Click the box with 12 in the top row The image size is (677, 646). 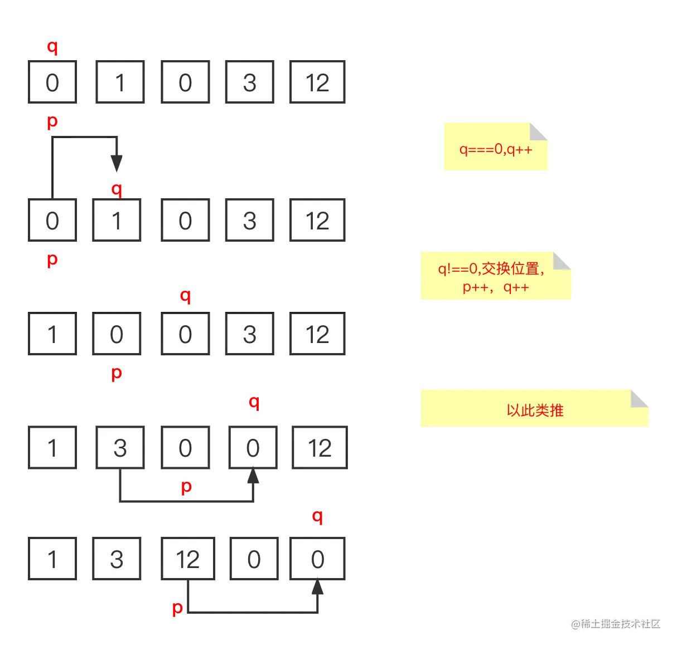pos(317,82)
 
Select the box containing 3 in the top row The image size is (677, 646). pos(249,82)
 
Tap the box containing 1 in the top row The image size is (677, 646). pos(120,82)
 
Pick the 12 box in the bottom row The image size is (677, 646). pos(187,559)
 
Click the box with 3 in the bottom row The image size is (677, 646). pos(117,559)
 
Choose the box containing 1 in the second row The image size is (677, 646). pos(117,221)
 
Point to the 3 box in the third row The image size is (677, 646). pos(249,334)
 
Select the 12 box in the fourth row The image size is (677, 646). pos(319,448)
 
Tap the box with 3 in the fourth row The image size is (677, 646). pos(120,448)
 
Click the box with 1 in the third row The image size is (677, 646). pos(52,334)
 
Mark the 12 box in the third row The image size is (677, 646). pos(317,334)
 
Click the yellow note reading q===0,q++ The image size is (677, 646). pos(495,148)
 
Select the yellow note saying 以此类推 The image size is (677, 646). pos(534,409)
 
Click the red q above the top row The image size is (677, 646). pos(52,47)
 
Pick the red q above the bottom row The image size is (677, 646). pos(317,516)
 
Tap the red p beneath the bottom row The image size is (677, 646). pos(177,608)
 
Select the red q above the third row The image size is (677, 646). pos(185,296)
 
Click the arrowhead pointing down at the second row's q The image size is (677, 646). pos(116,160)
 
